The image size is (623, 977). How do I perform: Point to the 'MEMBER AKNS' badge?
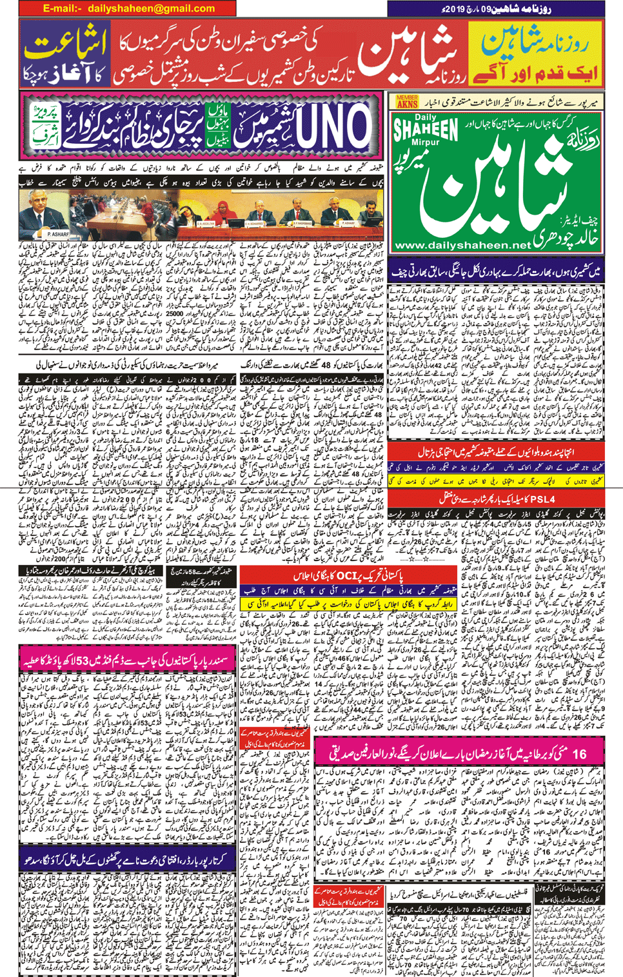click(x=407, y=101)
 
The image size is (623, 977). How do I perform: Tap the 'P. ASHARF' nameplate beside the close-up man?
click(x=57, y=234)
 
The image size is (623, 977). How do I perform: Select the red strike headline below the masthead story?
click(x=495, y=452)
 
